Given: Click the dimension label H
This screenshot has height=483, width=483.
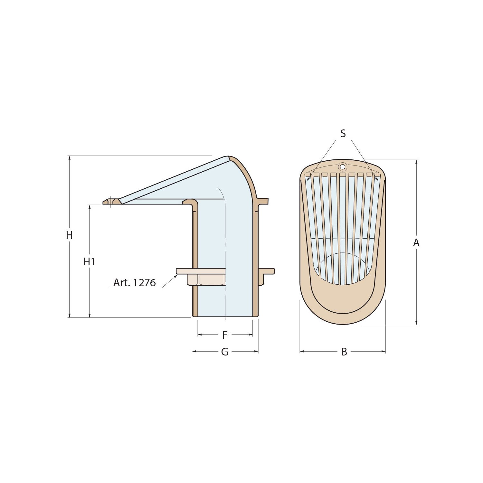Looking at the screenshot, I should pyautogui.click(x=69, y=236).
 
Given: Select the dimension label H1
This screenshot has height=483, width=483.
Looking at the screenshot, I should pyautogui.click(x=89, y=262).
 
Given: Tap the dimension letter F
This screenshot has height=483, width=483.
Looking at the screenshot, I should pyautogui.click(x=225, y=335).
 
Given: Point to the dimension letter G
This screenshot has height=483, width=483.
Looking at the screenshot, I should pyautogui.click(x=225, y=352).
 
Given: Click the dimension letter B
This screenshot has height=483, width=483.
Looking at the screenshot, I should pyautogui.click(x=344, y=352).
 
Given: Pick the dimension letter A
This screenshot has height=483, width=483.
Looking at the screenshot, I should pyautogui.click(x=416, y=243).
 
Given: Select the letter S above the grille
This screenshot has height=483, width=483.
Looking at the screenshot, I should pyautogui.click(x=343, y=134).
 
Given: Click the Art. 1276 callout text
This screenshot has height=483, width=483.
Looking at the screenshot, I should pyautogui.click(x=134, y=283).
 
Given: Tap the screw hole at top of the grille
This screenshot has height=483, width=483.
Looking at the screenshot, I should pyautogui.click(x=343, y=166).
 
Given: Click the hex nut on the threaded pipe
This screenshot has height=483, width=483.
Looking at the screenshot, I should pyautogui.click(x=206, y=279).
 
